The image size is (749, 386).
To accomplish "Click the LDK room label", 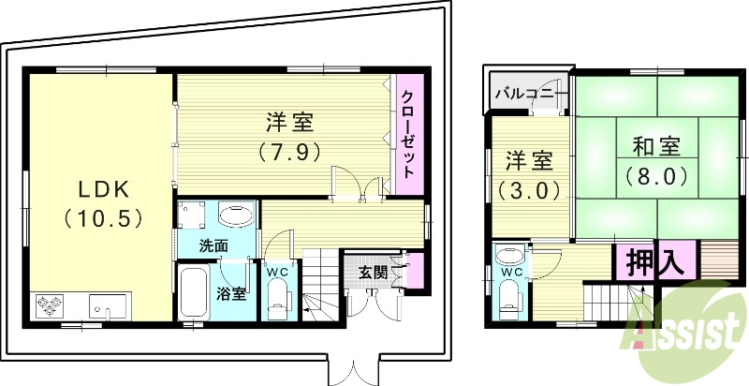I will pyautogui.click(x=102, y=189).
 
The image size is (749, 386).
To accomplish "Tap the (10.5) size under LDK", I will pyautogui.click(x=102, y=219).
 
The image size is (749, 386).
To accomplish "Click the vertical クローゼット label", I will pyautogui.click(x=408, y=134).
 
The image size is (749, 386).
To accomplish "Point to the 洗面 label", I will pyautogui.click(x=213, y=245).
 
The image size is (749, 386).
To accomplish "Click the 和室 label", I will pyautogui.click(x=654, y=147).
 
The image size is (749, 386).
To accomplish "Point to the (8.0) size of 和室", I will pyautogui.click(x=654, y=175).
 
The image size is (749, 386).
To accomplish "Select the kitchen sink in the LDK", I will pyautogui.click(x=106, y=305).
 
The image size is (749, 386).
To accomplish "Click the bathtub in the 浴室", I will pyautogui.click(x=194, y=292).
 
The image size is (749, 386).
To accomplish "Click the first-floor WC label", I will pyautogui.click(x=278, y=273).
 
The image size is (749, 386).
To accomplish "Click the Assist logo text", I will pyautogui.click(x=688, y=331).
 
